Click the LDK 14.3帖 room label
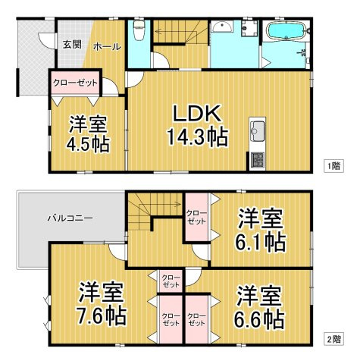coord(197,125)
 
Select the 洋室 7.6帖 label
coord(100,302)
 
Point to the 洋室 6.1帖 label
coord(258,231)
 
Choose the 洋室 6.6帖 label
coord(258,306)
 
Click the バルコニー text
coord(70,218)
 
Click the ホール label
coord(106,47)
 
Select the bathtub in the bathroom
coord(286,32)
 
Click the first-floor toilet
coord(138,31)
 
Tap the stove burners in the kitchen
coord(256,159)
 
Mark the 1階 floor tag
coord(333,165)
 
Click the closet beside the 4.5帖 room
coord(74,81)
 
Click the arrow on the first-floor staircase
coord(174,31)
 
